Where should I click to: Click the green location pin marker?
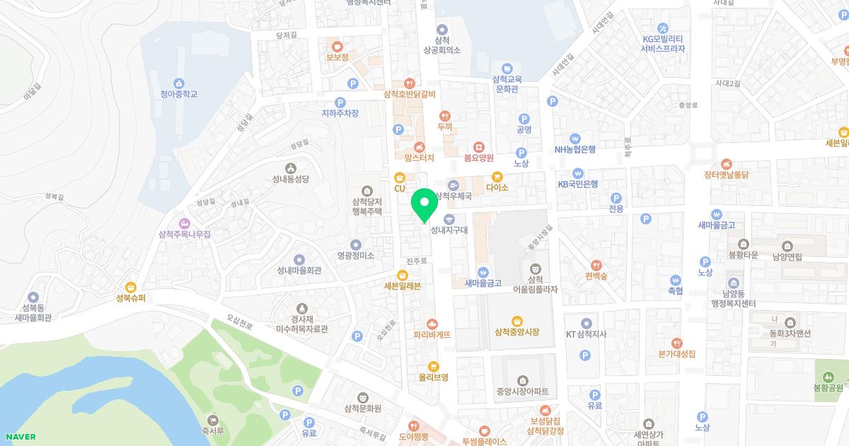pos(424,205)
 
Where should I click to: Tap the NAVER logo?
pos(18,437)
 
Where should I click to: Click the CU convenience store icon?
pos(400,176)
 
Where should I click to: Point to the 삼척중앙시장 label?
pos(517,332)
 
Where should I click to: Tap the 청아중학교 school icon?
pos(178,83)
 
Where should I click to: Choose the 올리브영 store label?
pos(434,377)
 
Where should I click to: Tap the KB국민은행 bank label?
pos(578,184)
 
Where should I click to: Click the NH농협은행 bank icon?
pos(575,138)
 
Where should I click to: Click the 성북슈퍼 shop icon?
pos(131,287)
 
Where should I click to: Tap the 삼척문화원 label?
pos(362,408)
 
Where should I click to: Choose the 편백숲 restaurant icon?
pos(596,264)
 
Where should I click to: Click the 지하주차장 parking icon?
pos(341,102)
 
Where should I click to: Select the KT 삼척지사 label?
pos(587,334)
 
